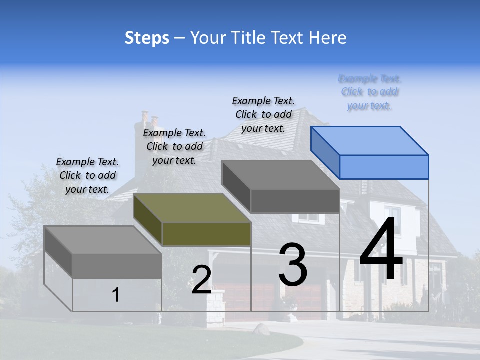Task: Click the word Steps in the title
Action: [147, 38]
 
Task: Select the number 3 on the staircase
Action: [293, 265]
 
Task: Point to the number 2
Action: [201, 280]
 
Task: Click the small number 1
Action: [116, 295]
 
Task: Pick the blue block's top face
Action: [370, 140]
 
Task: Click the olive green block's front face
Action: [206, 234]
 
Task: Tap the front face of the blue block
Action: [384, 167]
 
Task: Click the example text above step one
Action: [87, 175]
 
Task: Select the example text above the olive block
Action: [174, 146]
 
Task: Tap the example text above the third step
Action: [263, 114]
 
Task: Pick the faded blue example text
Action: [370, 92]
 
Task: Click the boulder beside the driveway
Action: [261, 329]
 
